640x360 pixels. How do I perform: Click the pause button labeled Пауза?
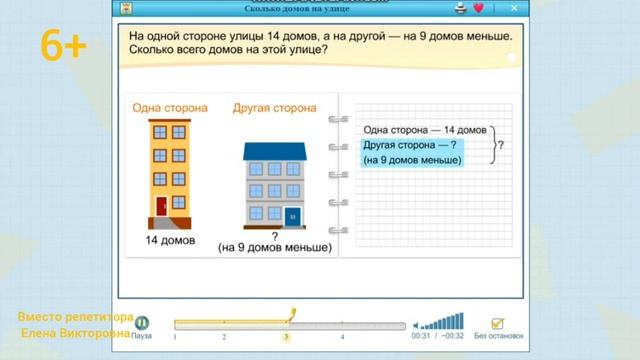[142, 324]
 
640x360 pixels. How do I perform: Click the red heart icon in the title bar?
[479, 8]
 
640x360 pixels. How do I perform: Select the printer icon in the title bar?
[461, 8]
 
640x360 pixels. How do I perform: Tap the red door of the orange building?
[162, 207]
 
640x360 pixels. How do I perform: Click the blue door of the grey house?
[292, 215]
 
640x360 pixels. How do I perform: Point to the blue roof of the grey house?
[273, 150]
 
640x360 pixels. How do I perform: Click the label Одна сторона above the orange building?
[169, 107]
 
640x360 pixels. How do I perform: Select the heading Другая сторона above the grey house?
[274, 107]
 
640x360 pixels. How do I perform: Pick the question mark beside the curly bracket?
[499, 144]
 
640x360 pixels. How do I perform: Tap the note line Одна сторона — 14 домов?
[425, 130]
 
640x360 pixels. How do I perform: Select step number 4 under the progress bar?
[343, 337]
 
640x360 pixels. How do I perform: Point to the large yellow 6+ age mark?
[66, 44]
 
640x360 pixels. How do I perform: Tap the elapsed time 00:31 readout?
[420, 337]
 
